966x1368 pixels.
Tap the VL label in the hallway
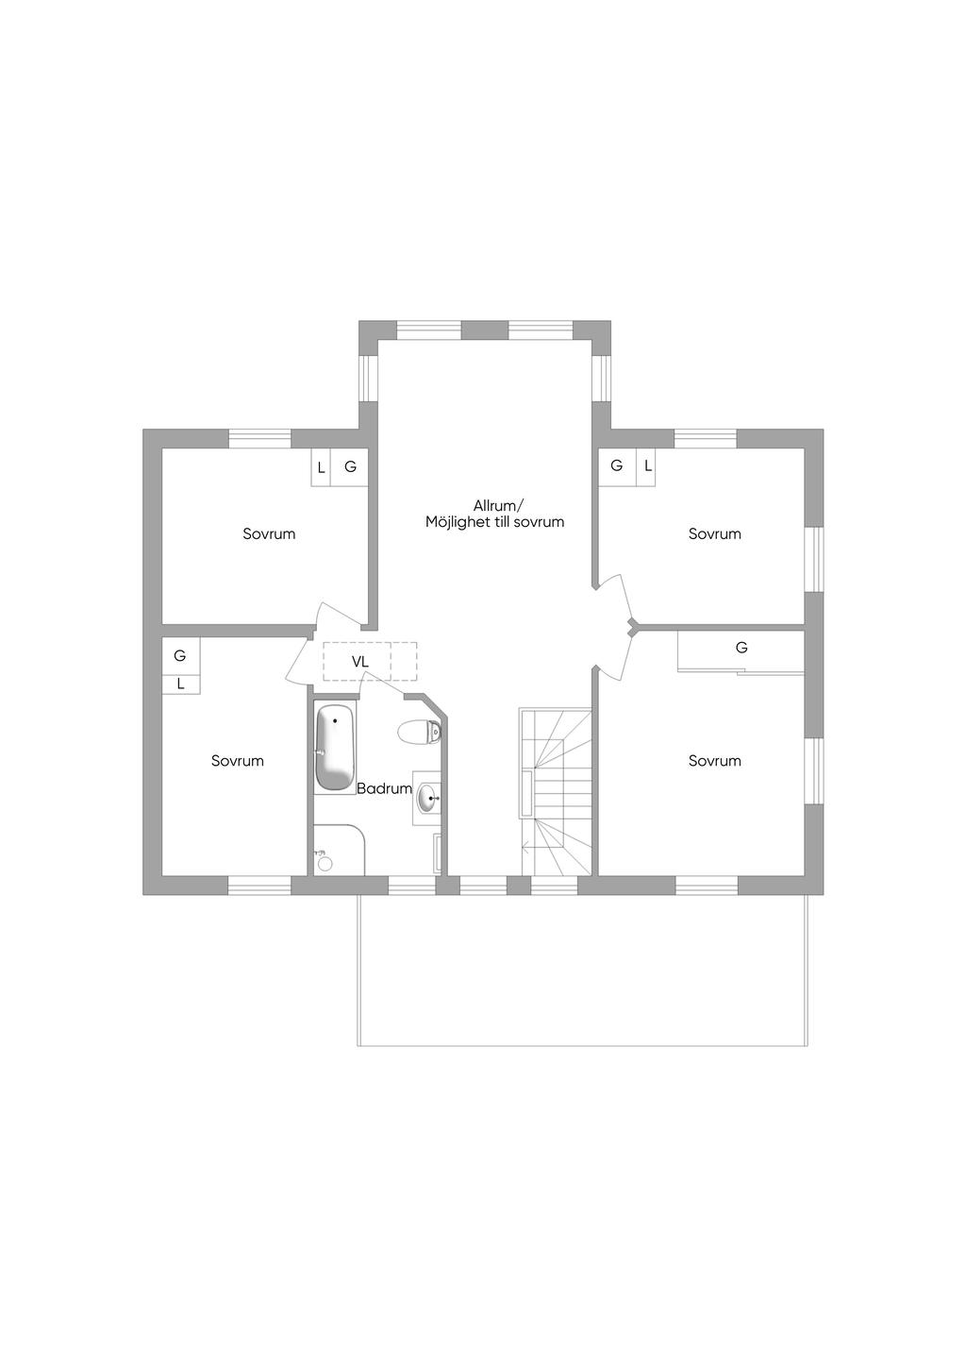[x=360, y=662]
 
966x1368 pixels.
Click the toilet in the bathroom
[x=419, y=732]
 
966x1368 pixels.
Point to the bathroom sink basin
[x=427, y=798]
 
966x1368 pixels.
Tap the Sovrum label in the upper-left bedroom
[x=269, y=533]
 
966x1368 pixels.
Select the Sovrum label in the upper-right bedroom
[x=714, y=533]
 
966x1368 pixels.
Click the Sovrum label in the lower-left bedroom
[x=238, y=760]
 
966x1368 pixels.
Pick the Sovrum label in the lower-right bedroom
[x=714, y=760]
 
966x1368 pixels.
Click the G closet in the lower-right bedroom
[x=741, y=651]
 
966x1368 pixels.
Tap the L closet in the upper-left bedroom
[x=321, y=467]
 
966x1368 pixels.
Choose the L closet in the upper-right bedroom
[x=646, y=467]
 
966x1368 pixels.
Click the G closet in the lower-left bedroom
[x=181, y=656]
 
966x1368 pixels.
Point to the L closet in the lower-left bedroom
[x=181, y=684]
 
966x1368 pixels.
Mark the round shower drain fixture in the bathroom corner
[x=325, y=864]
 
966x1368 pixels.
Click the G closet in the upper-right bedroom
[x=617, y=467]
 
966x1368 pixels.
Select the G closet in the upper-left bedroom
[x=350, y=467]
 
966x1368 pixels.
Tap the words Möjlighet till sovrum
[x=495, y=522]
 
